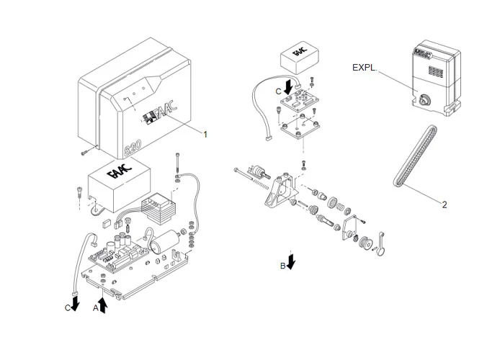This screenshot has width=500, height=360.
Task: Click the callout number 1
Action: pos(205,135)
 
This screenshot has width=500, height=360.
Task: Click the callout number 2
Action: pos(445,204)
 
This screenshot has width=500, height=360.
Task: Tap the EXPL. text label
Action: pos(366,68)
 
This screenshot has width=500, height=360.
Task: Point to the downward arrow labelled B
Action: pos(291,261)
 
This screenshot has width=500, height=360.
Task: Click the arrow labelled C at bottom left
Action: pos(75,303)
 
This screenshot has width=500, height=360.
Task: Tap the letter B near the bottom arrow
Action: pos(282,265)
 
